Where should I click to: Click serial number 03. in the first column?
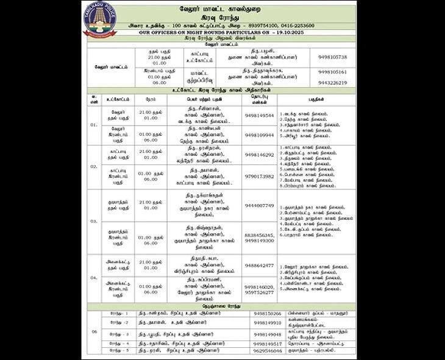94,221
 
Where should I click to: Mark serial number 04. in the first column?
94,277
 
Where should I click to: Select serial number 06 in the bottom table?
94,331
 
